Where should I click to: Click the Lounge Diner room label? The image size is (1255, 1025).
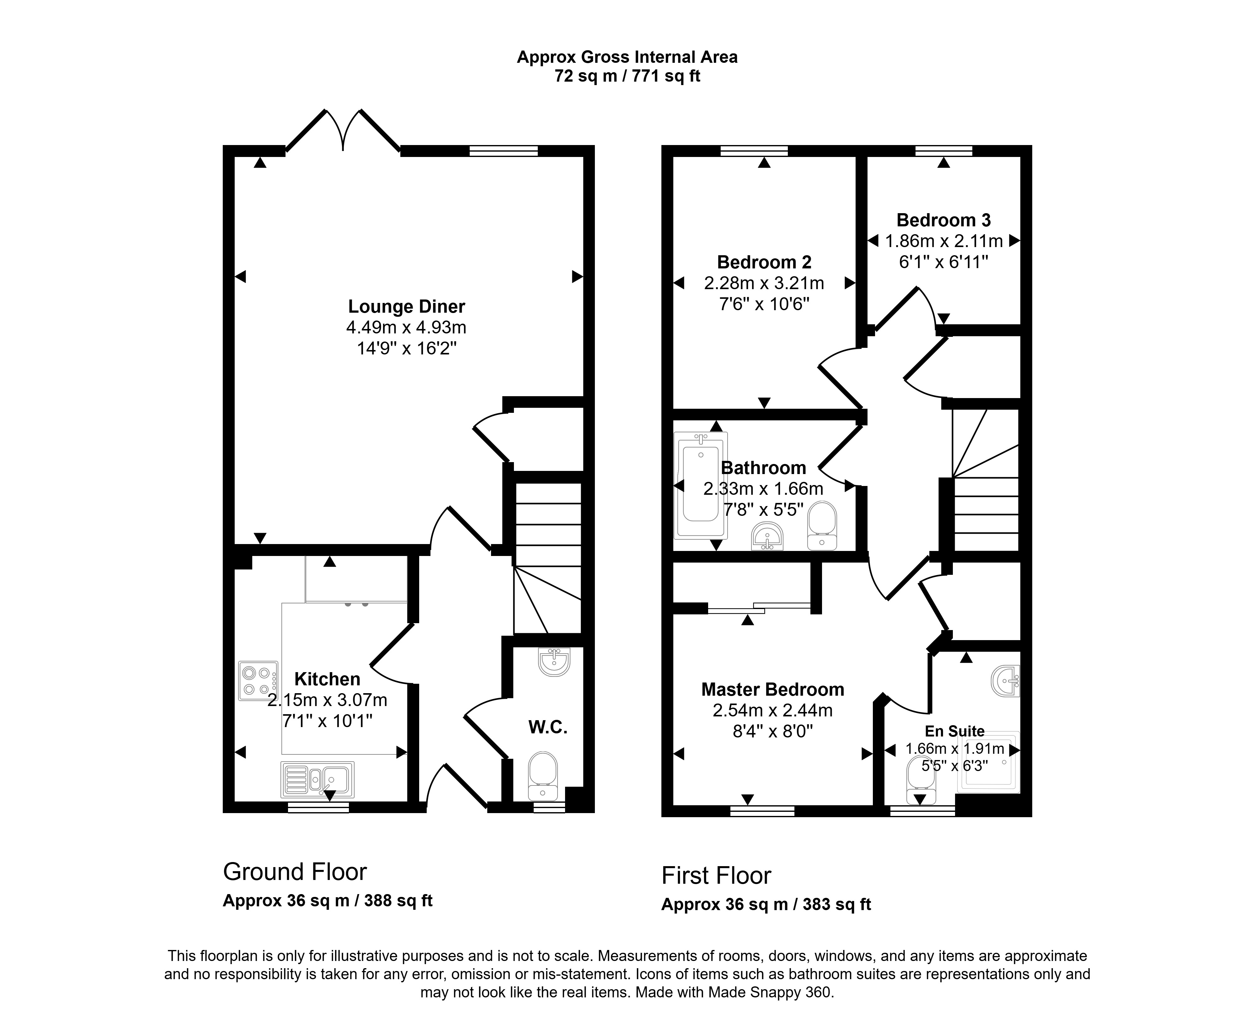click(407, 306)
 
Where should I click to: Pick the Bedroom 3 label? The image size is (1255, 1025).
click(943, 220)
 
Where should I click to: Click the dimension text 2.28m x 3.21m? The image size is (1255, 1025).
click(764, 283)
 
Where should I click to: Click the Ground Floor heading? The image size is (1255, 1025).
click(295, 871)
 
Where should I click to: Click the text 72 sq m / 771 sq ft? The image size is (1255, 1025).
click(627, 76)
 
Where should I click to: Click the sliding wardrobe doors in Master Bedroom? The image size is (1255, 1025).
click(759, 608)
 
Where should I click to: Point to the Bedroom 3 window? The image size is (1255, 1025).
click(943, 151)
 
